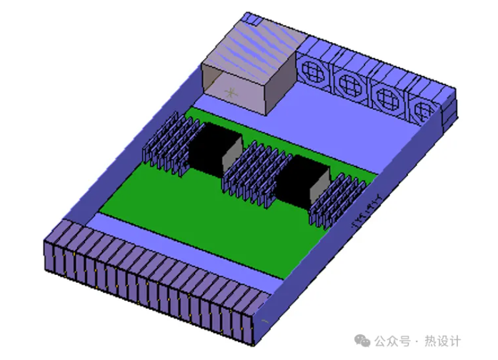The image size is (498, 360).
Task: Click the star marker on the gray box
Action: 229,92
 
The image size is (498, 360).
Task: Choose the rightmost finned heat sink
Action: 336,203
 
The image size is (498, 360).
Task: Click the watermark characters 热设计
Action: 443,341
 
